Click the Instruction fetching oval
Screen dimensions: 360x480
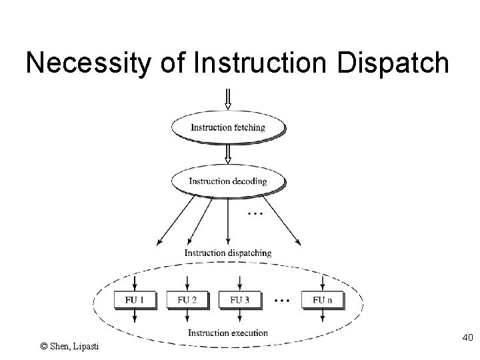228,127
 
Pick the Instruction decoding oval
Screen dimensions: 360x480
228,181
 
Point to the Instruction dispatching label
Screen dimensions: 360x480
228,253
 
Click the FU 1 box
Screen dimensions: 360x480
134,300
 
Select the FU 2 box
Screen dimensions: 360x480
187,300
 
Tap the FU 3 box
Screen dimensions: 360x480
239,300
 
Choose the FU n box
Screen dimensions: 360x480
323,300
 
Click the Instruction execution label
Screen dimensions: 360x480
228,333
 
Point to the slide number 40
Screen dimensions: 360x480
466,338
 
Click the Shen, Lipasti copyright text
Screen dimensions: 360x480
69,346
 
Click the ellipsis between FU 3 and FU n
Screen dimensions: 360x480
281,301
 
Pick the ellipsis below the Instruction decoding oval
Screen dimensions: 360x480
254,214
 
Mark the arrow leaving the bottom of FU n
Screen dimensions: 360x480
323,317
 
